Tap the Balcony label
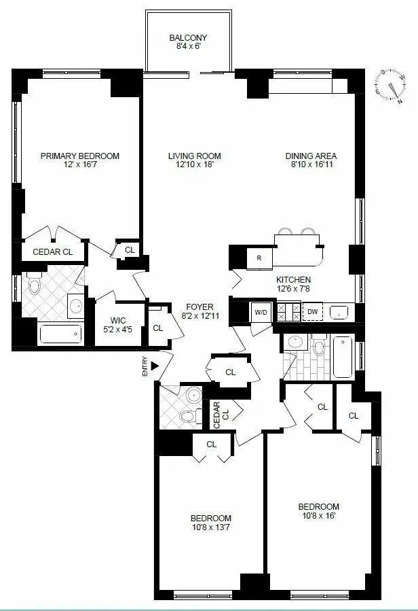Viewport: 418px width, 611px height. pyautogui.click(x=188, y=37)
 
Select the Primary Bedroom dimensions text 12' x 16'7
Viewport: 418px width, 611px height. pyautogui.click(x=79, y=166)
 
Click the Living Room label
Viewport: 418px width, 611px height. pyautogui.click(x=195, y=156)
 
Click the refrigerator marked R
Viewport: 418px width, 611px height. pyautogui.click(x=259, y=258)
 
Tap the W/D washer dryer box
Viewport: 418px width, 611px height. pyautogui.click(x=261, y=312)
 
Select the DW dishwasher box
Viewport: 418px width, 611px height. pyautogui.click(x=312, y=312)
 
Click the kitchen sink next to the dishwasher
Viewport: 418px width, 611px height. pyautogui.click(x=339, y=312)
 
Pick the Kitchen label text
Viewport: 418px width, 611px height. pyautogui.click(x=293, y=279)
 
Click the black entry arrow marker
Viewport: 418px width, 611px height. pyautogui.click(x=155, y=366)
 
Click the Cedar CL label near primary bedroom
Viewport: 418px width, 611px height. pyautogui.click(x=52, y=251)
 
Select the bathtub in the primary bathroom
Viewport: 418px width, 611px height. pyautogui.click(x=60, y=334)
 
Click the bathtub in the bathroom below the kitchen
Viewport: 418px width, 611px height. pyautogui.click(x=341, y=357)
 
